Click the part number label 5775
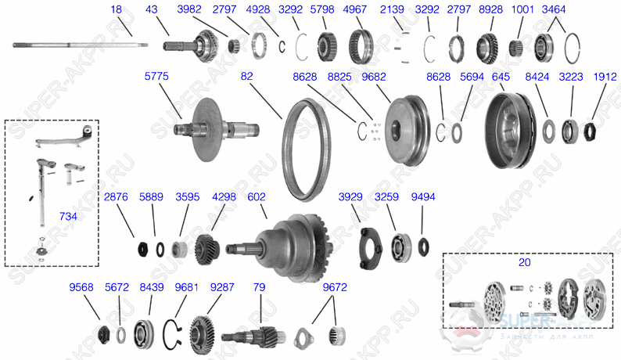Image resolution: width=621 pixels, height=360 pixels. [156, 76]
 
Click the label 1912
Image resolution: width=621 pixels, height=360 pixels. [604, 76]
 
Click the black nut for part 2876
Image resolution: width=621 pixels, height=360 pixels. [143, 249]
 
